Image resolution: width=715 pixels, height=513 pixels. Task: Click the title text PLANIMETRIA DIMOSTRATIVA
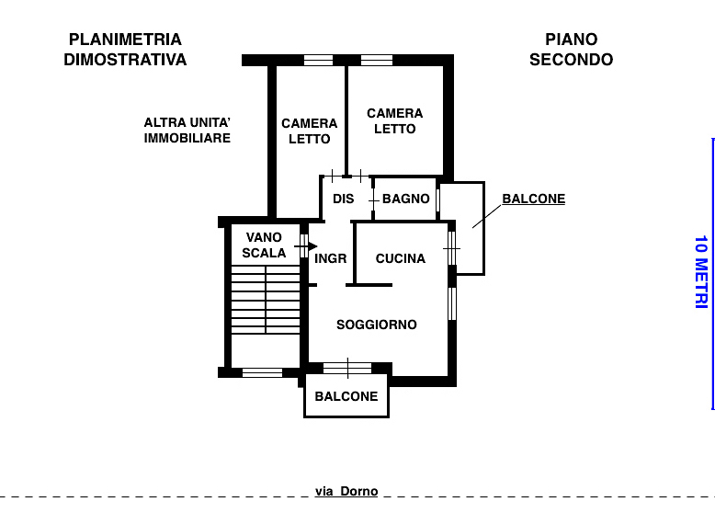tap(125, 50)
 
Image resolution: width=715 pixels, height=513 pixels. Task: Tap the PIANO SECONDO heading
tap(571, 50)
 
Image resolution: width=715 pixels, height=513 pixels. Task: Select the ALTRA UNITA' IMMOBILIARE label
tap(187, 130)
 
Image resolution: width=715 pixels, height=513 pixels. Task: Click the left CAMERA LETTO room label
tap(309, 131)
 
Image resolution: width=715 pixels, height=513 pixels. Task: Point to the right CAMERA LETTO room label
tap(394, 120)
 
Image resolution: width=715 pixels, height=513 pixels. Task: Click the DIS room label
tap(343, 199)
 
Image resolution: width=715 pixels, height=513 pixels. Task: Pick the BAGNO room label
tap(405, 199)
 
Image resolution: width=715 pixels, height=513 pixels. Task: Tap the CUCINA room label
tap(401, 258)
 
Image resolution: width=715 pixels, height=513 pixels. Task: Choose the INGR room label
tap(331, 258)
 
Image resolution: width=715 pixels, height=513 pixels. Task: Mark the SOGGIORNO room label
tap(376, 325)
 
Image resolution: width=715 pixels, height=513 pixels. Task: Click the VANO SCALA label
tap(264, 245)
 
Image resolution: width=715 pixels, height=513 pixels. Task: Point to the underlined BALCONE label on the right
tap(533, 199)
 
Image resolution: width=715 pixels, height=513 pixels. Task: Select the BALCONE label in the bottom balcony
tap(346, 396)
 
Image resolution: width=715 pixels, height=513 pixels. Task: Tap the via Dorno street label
tap(346, 491)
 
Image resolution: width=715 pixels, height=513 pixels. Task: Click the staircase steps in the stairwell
tap(266, 300)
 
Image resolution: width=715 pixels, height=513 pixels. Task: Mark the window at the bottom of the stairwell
tap(262, 372)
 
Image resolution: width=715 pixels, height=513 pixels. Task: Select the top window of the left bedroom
tap(318, 61)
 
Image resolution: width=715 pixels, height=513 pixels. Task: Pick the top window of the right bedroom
tap(377, 61)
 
